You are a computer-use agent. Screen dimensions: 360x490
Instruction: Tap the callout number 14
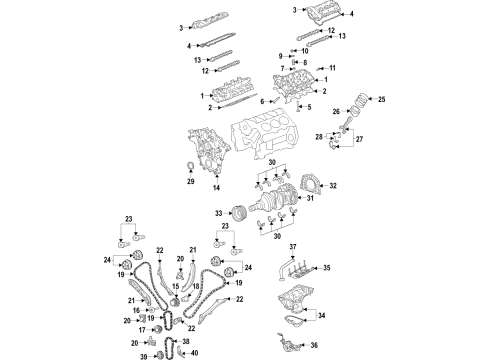tap(217, 188)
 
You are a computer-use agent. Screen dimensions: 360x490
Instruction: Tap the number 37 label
tap(293, 247)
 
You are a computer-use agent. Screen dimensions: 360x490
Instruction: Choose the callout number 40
tap(194, 353)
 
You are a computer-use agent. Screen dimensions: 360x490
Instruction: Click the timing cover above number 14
tap(206, 155)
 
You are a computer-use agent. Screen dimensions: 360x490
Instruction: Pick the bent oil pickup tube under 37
tap(284, 267)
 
